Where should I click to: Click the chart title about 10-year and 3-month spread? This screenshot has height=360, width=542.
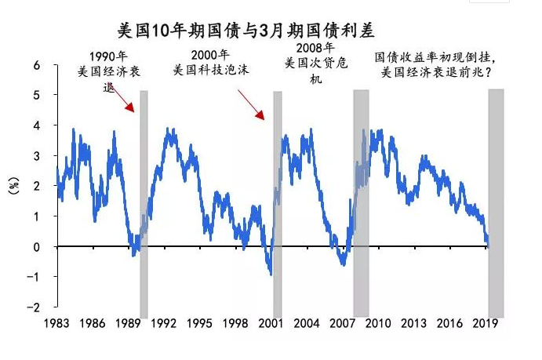tap(245, 31)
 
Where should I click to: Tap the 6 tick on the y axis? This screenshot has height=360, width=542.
tap(35, 65)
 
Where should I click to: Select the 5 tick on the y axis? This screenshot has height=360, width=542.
tap(35, 96)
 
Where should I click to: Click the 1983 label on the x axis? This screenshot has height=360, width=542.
tap(56, 323)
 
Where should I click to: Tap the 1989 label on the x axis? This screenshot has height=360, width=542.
tap(128, 323)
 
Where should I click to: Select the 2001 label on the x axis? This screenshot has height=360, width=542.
tap(272, 323)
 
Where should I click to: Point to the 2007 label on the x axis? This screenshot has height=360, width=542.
tap(344, 323)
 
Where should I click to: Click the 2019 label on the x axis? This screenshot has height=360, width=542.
tap(488, 323)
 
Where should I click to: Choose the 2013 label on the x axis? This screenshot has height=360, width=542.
tap(416, 323)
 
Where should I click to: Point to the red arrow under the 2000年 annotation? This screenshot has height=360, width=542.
tap(250, 103)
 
